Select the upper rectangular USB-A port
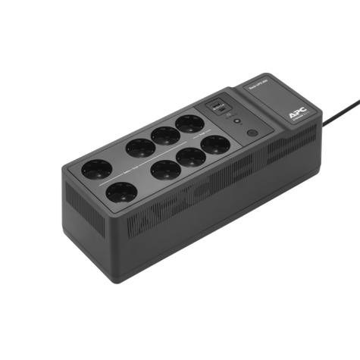pyautogui.click(x=218, y=102)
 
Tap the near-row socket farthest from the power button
pyautogui.click(x=121, y=193)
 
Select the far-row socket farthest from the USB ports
pyautogui.click(x=98, y=168)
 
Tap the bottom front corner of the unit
pyautogui.click(x=114, y=281)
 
